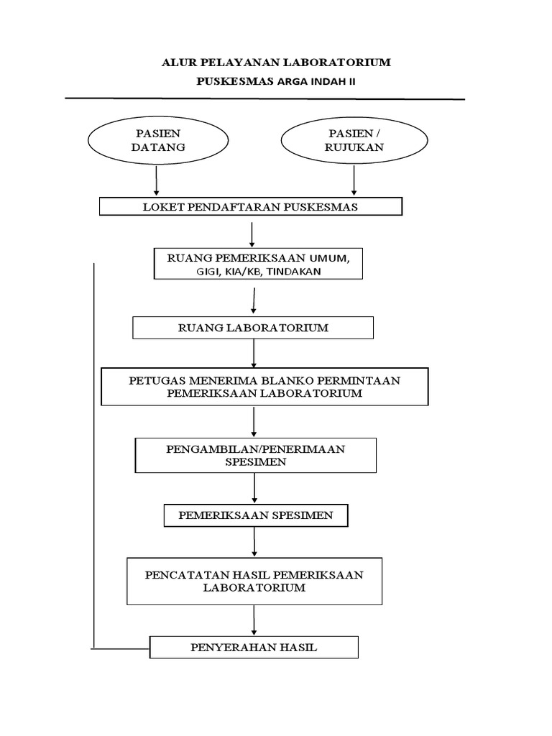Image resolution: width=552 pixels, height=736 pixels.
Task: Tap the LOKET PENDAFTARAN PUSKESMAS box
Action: tap(250, 208)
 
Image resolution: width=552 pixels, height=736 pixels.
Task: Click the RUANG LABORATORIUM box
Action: tap(253, 328)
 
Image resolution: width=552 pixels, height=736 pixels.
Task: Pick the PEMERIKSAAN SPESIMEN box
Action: tap(256, 516)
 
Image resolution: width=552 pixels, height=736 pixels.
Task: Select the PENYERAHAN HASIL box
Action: tap(254, 648)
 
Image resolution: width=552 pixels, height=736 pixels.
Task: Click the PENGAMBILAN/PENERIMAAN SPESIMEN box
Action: tap(256, 456)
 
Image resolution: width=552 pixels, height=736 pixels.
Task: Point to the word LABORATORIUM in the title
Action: tap(341, 63)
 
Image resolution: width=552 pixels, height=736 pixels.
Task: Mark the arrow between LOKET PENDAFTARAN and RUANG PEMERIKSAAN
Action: tap(252, 234)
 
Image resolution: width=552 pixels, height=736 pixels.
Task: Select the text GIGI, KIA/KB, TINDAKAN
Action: tap(254, 271)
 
